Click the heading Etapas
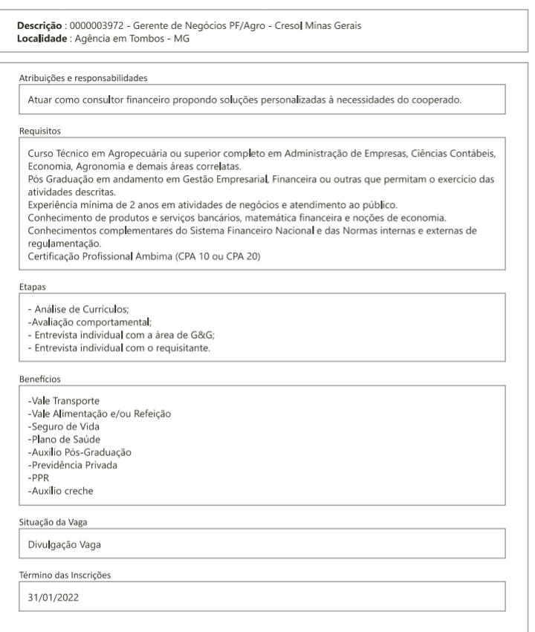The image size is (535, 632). coord(30,284)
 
